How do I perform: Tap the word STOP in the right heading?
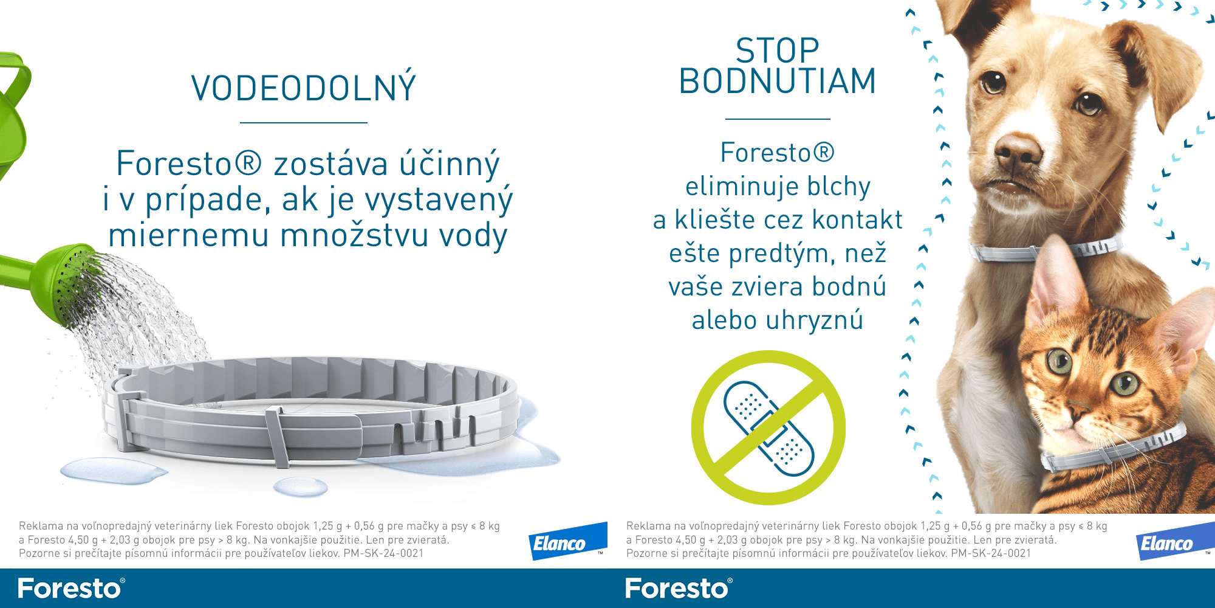coord(778,50)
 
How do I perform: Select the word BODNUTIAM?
coord(778,81)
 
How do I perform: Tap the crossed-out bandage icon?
coord(768,427)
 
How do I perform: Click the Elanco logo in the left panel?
coord(567,541)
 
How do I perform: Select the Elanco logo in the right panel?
coord(1175,541)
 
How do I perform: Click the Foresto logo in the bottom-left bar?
coord(71,589)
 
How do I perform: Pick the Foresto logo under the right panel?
coord(679,589)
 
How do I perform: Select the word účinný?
coord(450,165)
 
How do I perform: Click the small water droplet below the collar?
coord(300,486)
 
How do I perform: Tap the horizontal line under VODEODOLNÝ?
coord(304,123)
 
